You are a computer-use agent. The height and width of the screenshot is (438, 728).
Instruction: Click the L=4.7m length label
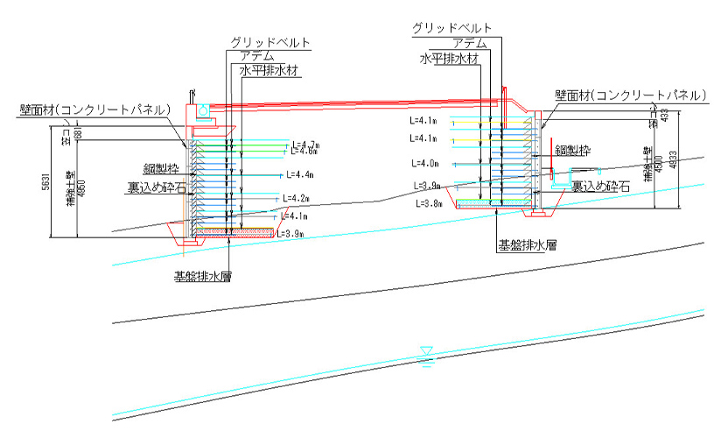click(x=308, y=144)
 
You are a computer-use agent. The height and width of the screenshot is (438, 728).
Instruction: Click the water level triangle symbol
click(x=426, y=352)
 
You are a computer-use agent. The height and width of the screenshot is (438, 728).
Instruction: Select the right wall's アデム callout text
click(x=472, y=42)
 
